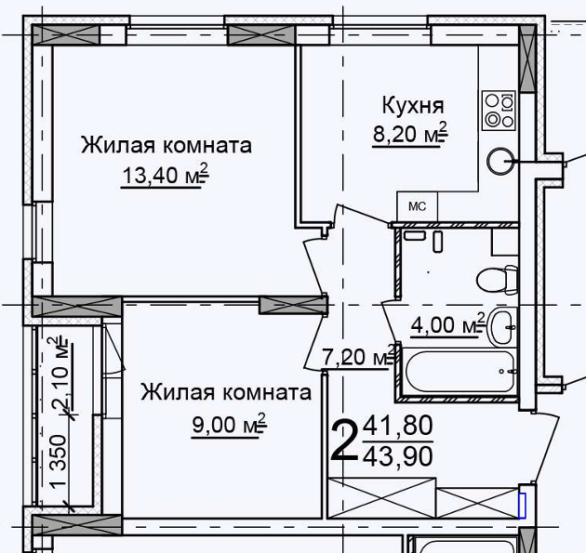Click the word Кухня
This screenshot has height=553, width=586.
413,106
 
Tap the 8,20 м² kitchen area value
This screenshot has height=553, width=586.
410,133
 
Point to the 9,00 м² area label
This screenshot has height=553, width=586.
229,424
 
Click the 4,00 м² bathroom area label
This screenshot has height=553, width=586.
447,324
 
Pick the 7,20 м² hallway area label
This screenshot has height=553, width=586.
358,356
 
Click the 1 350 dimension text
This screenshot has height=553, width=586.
59,462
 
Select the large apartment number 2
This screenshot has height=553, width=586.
342,441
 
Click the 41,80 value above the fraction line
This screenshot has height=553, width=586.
398,426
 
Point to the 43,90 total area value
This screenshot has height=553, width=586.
398,456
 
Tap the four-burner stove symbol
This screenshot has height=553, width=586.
499,111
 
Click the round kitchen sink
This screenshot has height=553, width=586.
501,161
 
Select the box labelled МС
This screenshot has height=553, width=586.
417,206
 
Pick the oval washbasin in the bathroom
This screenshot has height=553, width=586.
503,327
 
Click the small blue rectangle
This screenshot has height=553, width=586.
522,506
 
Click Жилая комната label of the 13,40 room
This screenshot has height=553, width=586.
166,145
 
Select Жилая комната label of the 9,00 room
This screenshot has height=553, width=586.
226,393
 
